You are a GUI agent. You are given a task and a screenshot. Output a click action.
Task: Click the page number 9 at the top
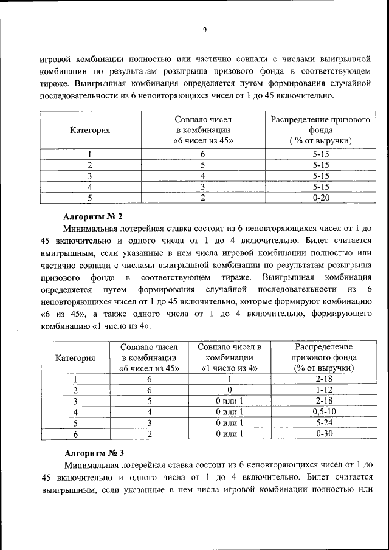(205, 30)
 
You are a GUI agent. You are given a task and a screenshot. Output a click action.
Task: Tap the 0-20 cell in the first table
(320, 198)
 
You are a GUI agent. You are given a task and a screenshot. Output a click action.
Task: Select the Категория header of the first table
(89, 130)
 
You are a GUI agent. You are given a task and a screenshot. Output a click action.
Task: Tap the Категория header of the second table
(75, 357)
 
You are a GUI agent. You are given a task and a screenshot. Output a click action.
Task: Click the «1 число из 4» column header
(229, 368)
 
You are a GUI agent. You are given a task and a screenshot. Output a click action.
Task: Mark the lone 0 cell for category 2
(229, 390)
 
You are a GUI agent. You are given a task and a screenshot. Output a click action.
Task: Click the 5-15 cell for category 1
(320, 154)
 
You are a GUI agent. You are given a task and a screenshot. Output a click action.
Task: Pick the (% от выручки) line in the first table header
(320, 141)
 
